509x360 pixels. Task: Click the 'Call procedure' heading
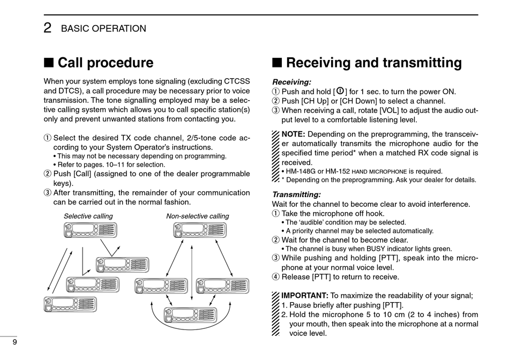point(105,63)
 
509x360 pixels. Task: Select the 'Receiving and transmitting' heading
point(373,63)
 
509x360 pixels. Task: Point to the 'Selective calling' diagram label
point(88,216)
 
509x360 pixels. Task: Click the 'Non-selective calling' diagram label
point(197,216)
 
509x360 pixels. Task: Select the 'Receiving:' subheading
point(291,82)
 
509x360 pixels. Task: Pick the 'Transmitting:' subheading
point(296,194)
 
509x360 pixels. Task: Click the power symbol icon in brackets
point(340,91)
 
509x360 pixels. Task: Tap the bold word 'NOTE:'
point(293,134)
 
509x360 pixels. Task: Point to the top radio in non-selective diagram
point(200,230)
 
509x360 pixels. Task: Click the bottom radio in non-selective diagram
point(191,314)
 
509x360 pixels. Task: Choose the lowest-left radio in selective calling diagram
point(70,304)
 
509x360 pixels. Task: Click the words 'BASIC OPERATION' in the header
point(103,29)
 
